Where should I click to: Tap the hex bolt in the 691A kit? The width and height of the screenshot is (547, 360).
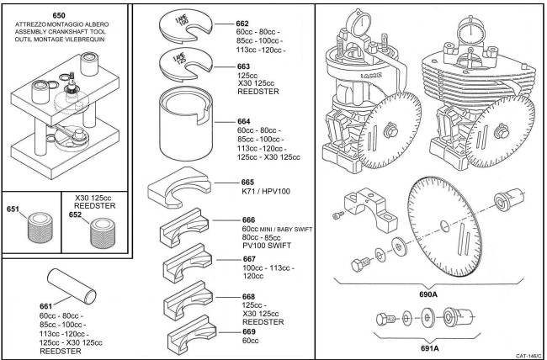coord(384,320)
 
